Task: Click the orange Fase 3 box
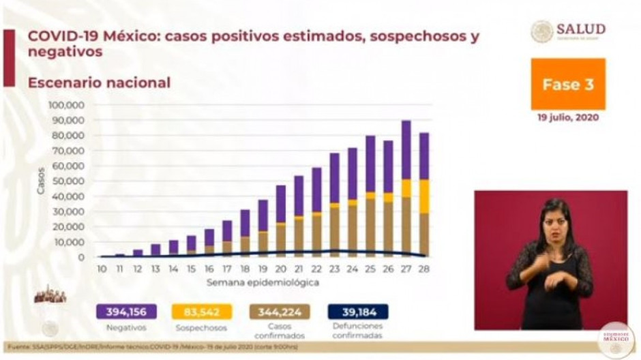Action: pyautogui.click(x=568, y=85)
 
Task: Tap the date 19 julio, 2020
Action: pyautogui.click(x=567, y=117)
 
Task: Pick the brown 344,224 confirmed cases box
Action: pyautogui.click(x=280, y=312)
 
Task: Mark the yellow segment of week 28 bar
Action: pyautogui.click(x=424, y=196)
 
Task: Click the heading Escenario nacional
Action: pyautogui.click(x=99, y=82)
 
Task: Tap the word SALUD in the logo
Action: pyautogui.click(x=580, y=29)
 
